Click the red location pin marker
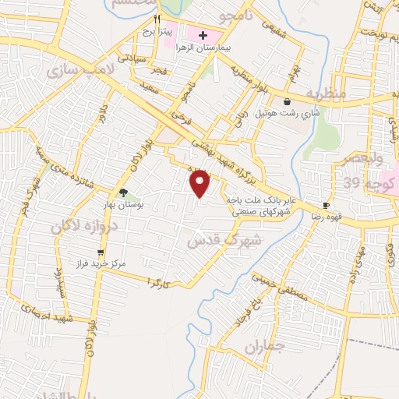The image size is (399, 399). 201,183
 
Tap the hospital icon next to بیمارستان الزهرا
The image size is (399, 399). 203,35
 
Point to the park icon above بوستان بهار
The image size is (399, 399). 122,192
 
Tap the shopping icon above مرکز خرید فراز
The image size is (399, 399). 101,252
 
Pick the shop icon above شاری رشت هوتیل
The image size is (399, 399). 288,101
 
